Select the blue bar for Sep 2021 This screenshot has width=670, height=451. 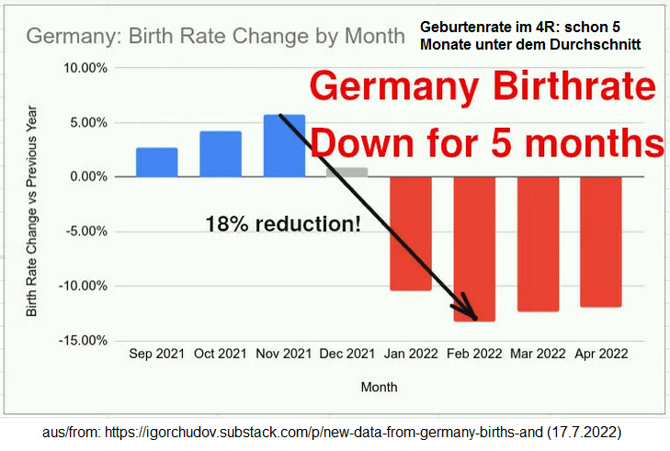pyautogui.click(x=156, y=162)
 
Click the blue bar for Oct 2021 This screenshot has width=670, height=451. pyautogui.click(x=221, y=153)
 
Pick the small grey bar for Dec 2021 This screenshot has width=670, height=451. pyautogui.click(x=347, y=172)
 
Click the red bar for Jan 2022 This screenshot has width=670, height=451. pyautogui.click(x=410, y=233)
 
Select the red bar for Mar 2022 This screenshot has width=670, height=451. pyautogui.click(x=538, y=243)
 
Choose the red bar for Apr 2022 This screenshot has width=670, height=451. pyautogui.click(x=601, y=242)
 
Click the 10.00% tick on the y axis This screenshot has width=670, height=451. pyautogui.click(x=85, y=68)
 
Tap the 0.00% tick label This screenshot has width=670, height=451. pyautogui.click(x=89, y=176)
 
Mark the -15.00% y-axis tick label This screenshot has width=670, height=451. pyautogui.click(x=84, y=341)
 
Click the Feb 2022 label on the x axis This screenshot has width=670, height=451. pyautogui.click(x=474, y=353)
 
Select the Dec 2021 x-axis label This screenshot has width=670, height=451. pyautogui.click(x=347, y=353)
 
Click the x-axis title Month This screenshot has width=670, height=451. pyautogui.click(x=379, y=387)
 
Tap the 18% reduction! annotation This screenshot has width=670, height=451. pyautogui.click(x=283, y=223)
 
